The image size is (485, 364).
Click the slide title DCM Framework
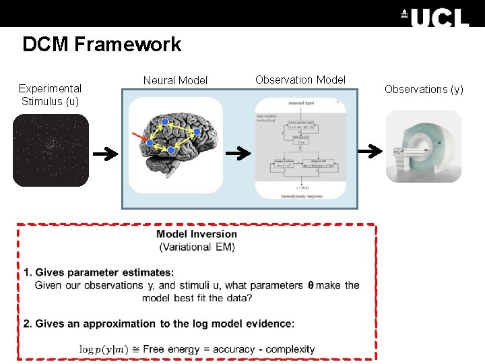[x=102, y=44]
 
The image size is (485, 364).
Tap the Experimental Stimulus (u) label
[x=50, y=94]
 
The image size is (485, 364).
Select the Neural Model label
[x=175, y=80]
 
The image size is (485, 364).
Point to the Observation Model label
[x=300, y=80]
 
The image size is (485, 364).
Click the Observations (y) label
[x=424, y=89]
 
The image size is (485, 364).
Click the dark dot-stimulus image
[x=51, y=150]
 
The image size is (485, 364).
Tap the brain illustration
[x=176, y=144]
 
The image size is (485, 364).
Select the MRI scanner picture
[x=423, y=146]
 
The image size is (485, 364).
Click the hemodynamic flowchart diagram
[x=300, y=148]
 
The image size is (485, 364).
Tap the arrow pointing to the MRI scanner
[x=368, y=153]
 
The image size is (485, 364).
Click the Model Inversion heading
[x=197, y=235]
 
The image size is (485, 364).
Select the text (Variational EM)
[x=197, y=247]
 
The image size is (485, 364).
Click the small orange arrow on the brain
[x=139, y=138]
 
